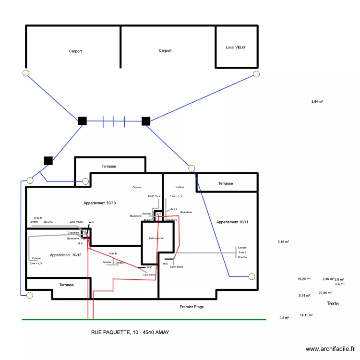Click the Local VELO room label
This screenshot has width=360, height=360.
pyautogui.click(x=235, y=48)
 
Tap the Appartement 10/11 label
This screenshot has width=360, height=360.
pyautogui.click(x=232, y=222)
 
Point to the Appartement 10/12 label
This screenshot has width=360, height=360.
pyautogui.click(x=65, y=255)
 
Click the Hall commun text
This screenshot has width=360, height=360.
pyautogui.click(x=156, y=238)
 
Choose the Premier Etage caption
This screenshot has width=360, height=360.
pyautogui.click(x=192, y=307)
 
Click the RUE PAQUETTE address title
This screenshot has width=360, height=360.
pyautogui.click(x=130, y=332)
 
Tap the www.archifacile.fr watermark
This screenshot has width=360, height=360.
pyautogui.click(x=330, y=349)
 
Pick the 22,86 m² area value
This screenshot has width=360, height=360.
pyautogui.click(x=325, y=293)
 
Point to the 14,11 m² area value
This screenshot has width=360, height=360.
pyautogui.click(x=306, y=315)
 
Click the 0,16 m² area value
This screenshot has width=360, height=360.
pyautogui.click(x=283, y=242)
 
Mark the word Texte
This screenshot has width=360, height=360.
pyautogui.click(x=333, y=304)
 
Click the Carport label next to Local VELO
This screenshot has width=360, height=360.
pyautogui.click(x=165, y=50)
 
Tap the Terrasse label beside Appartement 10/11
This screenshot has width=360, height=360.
pyautogui.click(x=226, y=183)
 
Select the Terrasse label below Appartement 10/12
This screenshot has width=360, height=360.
pyautogui.click(x=66, y=285)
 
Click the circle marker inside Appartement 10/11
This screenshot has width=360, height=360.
pyautogui.click(x=252, y=276)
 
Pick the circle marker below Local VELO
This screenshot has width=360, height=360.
pyautogui.click(x=256, y=74)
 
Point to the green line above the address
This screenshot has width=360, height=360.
pyautogui.click(x=144, y=319)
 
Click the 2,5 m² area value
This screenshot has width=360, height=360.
pyautogui.click(x=284, y=318)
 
